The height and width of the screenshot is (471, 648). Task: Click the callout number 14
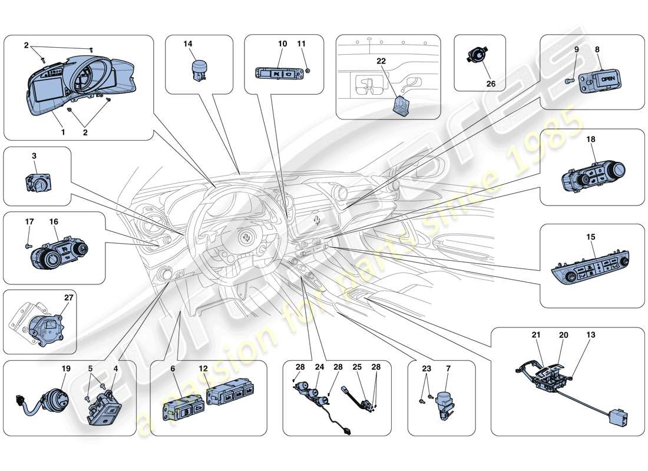[187, 44]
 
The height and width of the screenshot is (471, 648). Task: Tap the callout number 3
[34, 156]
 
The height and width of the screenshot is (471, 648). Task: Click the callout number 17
[29, 222]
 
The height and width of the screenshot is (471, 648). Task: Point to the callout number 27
[68, 297]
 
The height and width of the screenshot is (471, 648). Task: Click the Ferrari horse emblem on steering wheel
[243, 237]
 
